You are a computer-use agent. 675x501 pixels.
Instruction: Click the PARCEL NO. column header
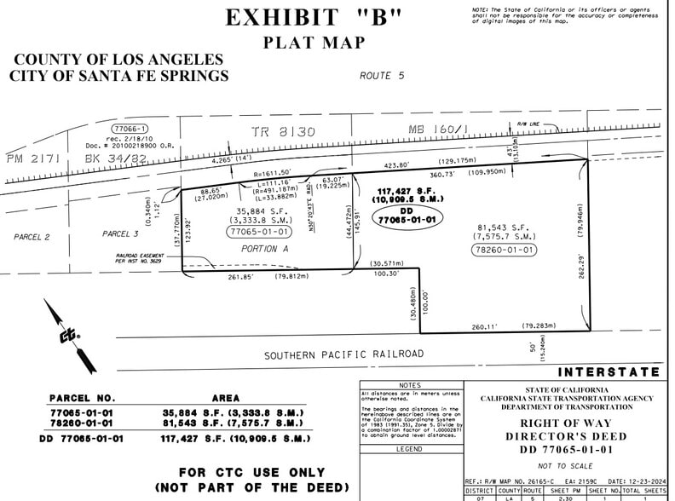pos(82,397)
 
